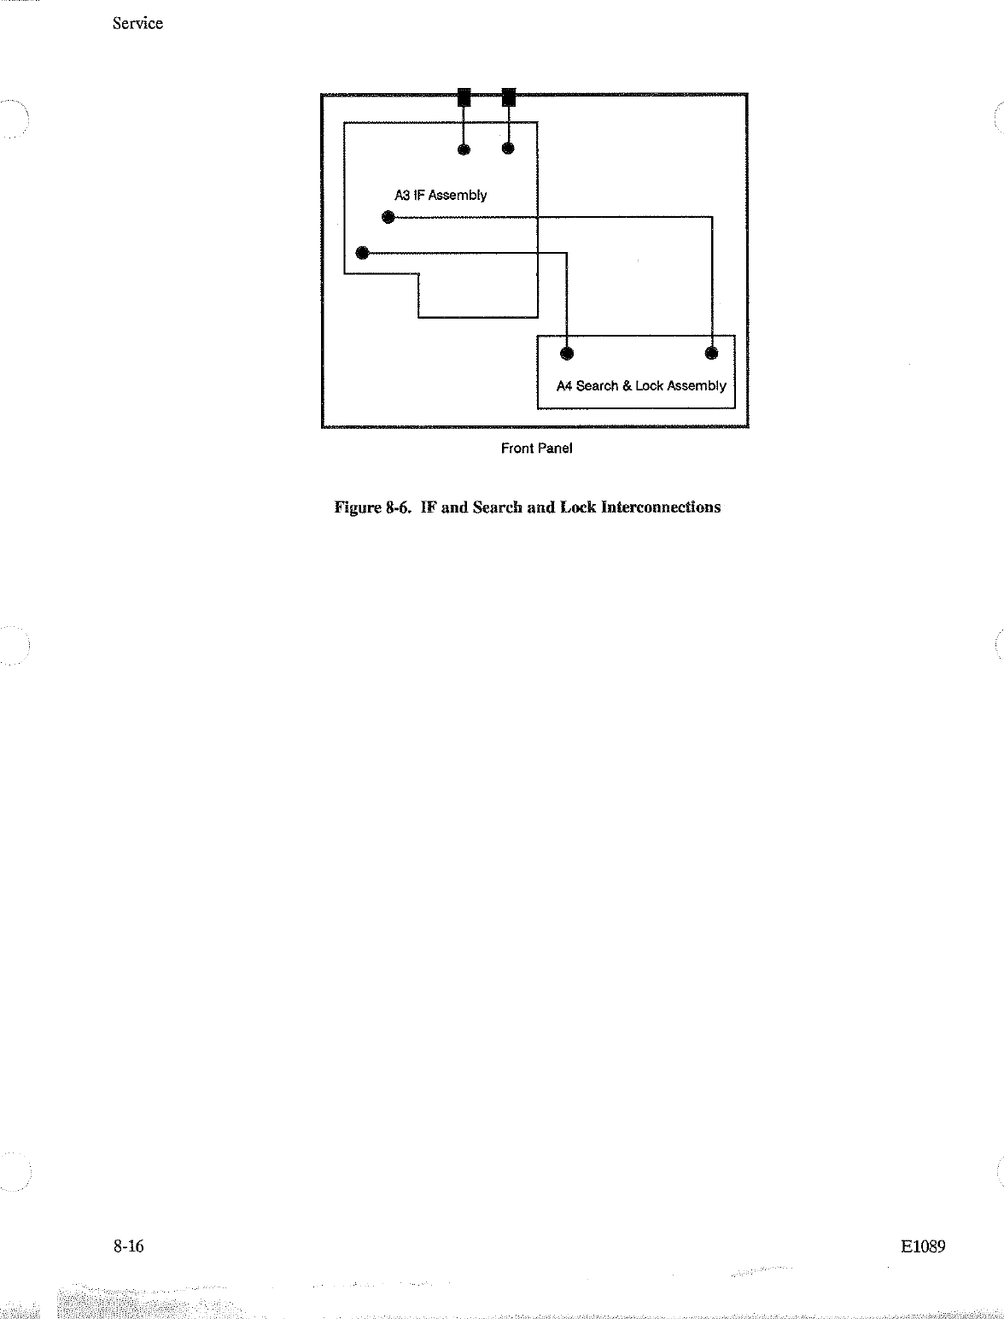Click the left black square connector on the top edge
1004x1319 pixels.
click(464, 97)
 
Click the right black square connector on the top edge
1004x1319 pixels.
click(509, 97)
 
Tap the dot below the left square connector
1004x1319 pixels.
click(464, 149)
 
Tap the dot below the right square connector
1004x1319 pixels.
click(508, 149)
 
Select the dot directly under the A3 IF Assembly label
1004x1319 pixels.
click(388, 217)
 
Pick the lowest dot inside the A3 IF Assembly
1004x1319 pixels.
click(362, 252)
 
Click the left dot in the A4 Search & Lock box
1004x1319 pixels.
click(567, 353)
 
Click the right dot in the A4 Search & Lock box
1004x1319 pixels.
click(711, 352)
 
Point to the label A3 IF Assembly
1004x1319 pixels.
click(441, 196)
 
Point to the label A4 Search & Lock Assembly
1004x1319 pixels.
click(641, 386)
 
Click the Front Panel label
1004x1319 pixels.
click(536, 448)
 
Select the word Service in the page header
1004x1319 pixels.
click(137, 24)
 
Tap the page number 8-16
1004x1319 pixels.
click(128, 1246)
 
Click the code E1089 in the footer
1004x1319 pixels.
click(923, 1246)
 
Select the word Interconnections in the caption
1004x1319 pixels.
click(661, 507)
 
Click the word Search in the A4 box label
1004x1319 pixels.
click(597, 386)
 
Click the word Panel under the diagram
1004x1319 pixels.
click(555, 448)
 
